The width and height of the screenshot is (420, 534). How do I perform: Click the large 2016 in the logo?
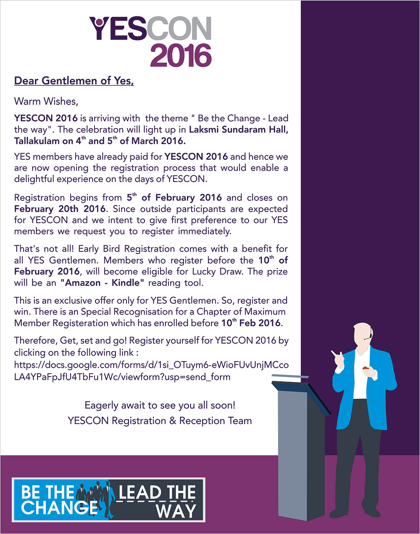coord(181,55)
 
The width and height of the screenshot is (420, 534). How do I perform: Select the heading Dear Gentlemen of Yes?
coord(74,81)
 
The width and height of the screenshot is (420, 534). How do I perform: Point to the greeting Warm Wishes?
coord(46,101)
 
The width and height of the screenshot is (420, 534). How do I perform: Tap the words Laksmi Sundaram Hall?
coord(239,129)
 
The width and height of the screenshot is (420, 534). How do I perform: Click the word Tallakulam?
coord(37,141)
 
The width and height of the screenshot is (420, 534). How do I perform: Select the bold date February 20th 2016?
coord(60,209)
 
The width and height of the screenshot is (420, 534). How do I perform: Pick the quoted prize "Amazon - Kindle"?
coord(102,283)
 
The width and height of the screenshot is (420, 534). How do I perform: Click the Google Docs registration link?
coord(151,371)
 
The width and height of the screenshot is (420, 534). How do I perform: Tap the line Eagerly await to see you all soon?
coord(160,406)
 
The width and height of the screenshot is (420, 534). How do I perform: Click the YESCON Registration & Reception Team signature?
coord(160,421)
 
